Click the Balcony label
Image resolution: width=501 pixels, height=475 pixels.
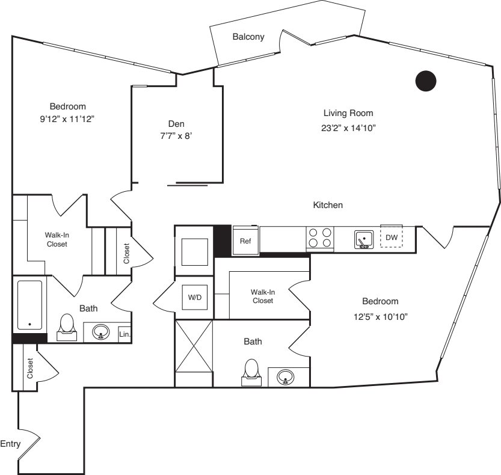pos(248,37)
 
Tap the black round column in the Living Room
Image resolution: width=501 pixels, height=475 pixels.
pos(426,81)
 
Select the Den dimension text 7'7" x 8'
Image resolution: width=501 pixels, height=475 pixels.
pos(176,136)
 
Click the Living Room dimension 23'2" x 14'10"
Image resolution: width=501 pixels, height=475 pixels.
pos(348,128)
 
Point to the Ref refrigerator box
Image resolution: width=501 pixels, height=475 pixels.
pos(245,241)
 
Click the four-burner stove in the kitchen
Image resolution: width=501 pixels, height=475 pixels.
pos(320,238)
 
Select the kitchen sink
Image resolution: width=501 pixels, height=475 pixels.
pos(364,239)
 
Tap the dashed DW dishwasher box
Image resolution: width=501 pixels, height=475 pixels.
pos(392,237)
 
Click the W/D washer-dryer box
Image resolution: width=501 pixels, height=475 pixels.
pos(195,298)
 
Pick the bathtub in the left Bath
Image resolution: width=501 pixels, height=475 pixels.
pos(29,305)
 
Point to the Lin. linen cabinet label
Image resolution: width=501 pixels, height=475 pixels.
pos(124,334)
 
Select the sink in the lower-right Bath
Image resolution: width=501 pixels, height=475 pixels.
pos(285,377)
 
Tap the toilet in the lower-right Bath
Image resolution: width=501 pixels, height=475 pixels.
pos(251,372)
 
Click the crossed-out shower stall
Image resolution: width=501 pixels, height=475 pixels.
pos(194,346)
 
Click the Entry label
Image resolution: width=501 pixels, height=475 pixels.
pos(10,444)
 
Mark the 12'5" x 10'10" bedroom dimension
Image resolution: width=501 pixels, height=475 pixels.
pos(381,317)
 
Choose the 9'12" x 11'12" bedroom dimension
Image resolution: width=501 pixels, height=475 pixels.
pos(67,119)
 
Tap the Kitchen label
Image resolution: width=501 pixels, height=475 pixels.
pos(328,205)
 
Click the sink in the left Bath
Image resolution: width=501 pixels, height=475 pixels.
pos(101,332)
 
